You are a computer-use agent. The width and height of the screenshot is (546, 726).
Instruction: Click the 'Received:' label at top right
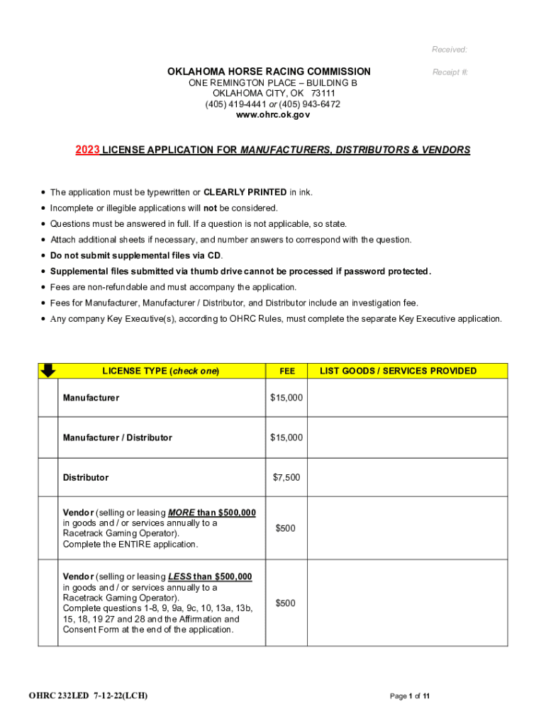pyautogui.click(x=450, y=50)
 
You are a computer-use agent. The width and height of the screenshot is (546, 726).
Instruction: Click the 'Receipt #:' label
pyautogui.click(x=450, y=72)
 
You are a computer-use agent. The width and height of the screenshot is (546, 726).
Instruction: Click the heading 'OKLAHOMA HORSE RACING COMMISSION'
pyautogui.click(x=269, y=72)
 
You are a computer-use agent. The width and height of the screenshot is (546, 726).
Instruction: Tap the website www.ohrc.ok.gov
pyautogui.click(x=272, y=115)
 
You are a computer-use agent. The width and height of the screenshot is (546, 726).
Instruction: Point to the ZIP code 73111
pyautogui.click(x=323, y=94)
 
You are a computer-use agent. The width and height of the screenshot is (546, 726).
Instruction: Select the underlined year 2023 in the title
pyautogui.click(x=87, y=150)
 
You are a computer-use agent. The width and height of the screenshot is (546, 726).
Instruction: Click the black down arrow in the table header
pyautogui.click(x=48, y=370)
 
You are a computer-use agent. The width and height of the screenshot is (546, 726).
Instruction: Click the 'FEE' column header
pyautogui.click(x=286, y=371)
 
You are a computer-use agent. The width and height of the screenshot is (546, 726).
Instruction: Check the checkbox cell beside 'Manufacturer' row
pyautogui.click(x=48, y=398)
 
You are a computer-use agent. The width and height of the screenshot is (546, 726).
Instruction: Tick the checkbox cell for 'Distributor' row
pyautogui.click(x=48, y=477)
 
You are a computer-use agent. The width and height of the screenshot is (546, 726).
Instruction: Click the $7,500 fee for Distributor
pyautogui.click(x=286, y=477)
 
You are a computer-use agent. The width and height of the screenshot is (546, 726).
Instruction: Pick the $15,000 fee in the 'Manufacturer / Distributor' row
pyautogui.click(x=286, y=437)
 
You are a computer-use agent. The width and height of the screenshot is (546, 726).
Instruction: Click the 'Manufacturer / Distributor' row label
pyautogui.click(x=117, y=437)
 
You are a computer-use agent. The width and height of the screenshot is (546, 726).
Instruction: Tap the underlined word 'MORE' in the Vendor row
pyautogui.click(x=181, y=513)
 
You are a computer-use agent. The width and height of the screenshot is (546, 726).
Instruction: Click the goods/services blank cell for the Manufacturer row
pyautogui.click(x=408, y=398)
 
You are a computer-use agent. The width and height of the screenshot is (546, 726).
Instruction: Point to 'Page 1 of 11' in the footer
pyautogui.click(x=410, y=696)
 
